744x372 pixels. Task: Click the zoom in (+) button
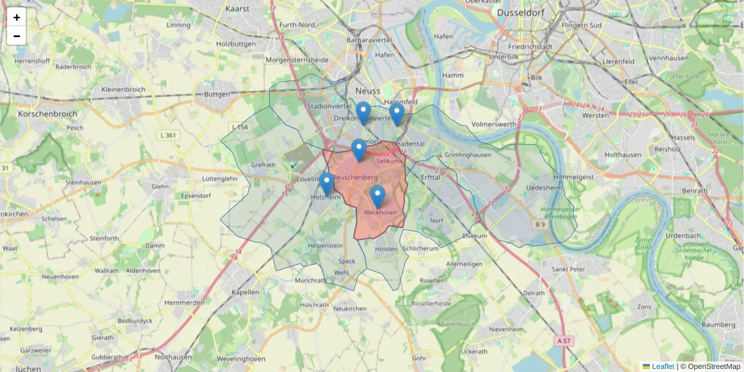(17, 17)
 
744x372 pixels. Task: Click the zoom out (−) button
(17, 36)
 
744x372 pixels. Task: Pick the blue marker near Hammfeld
(397, 115)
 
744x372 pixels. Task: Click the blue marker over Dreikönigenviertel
(363, 113)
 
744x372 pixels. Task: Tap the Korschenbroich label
(47, 114)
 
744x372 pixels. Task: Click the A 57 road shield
(563, 340)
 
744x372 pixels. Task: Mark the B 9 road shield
(540, 224)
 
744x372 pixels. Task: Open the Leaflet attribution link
(662, 366)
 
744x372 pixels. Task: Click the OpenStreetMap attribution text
(714, 366)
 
